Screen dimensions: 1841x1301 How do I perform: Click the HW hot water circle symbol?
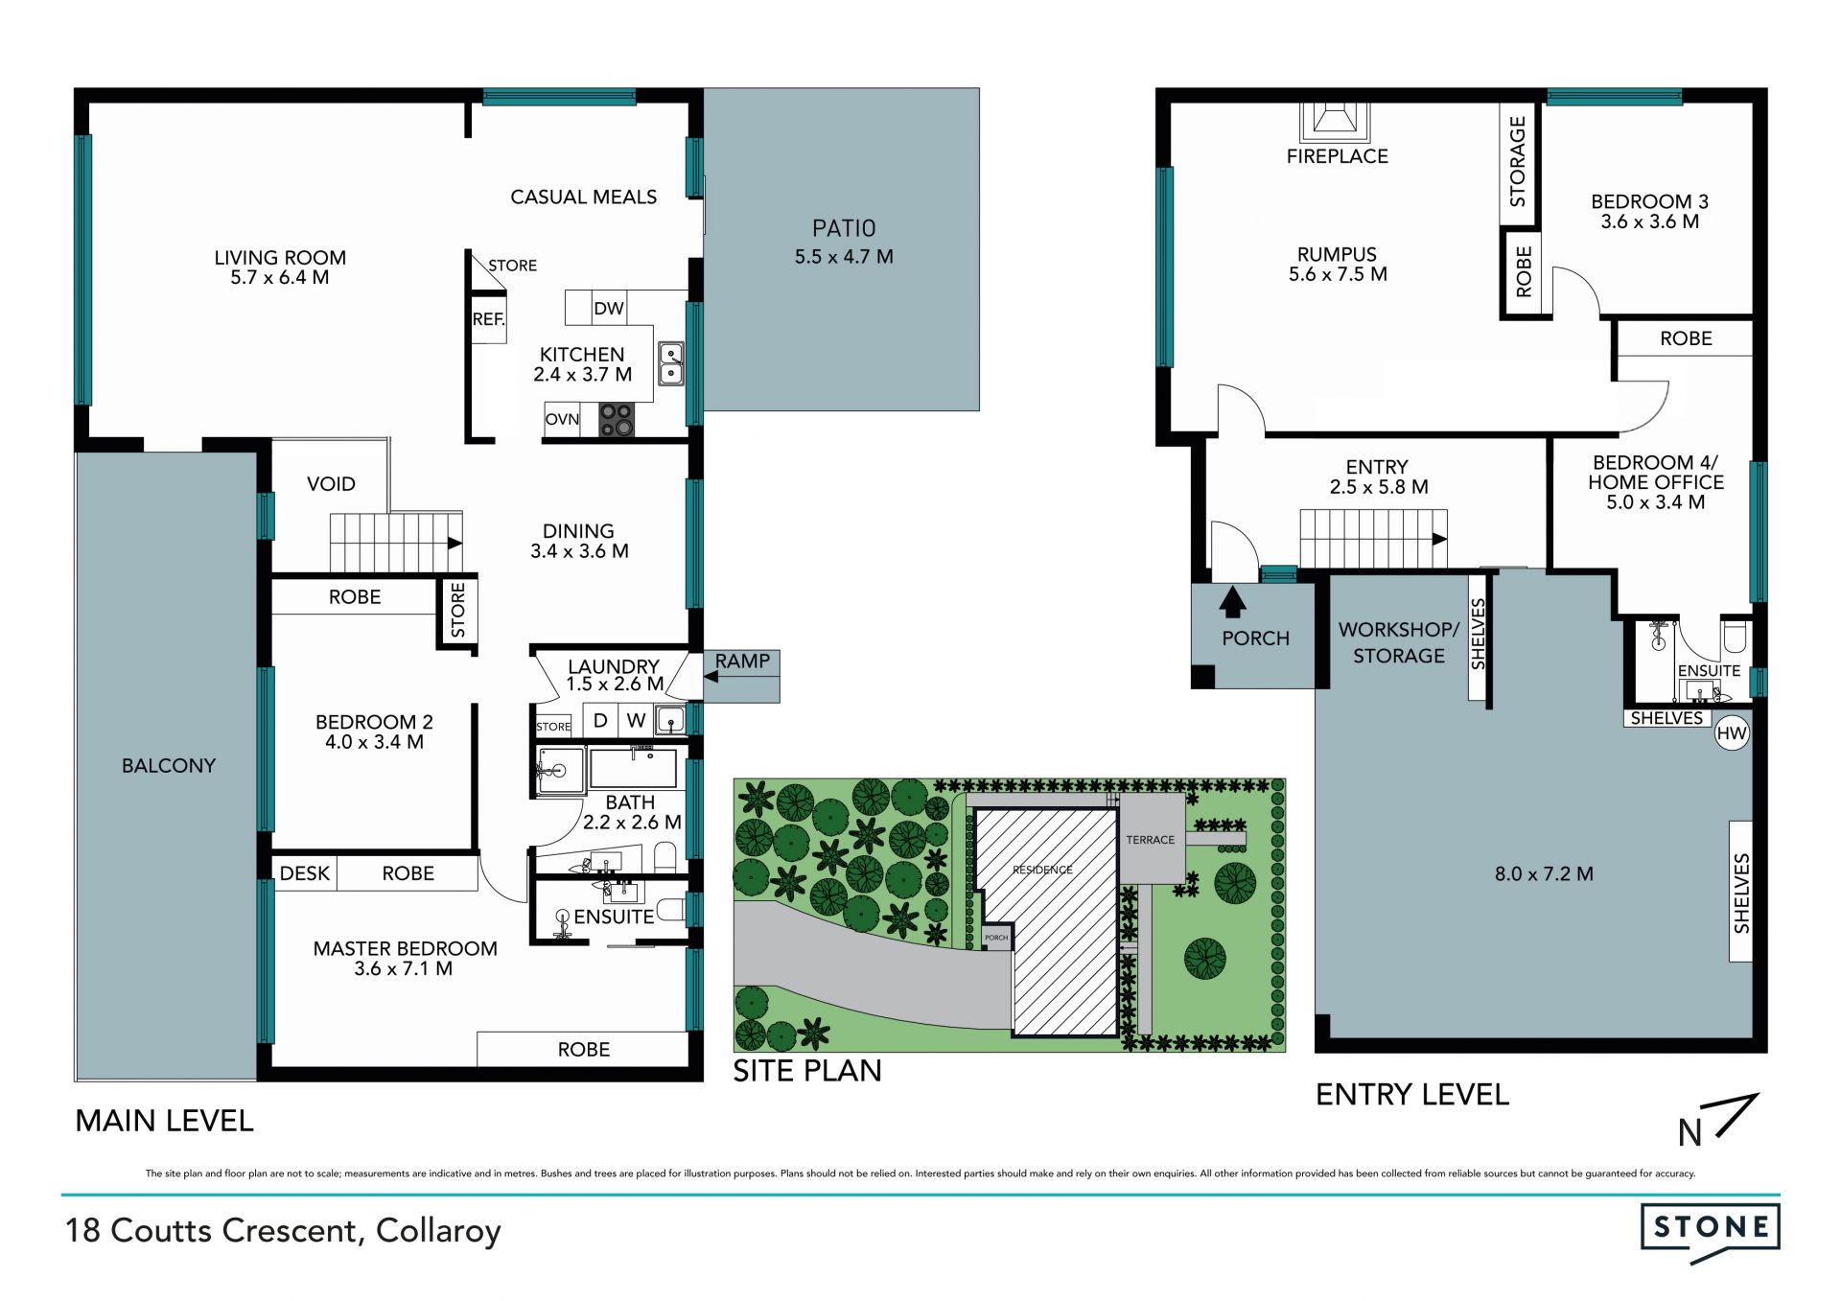pyautogui.click(x=1732, y=734)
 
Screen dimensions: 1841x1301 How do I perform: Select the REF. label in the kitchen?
pyautogui.click(x=488, y=319)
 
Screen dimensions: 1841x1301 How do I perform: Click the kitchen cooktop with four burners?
pyautogui.click(x=617, y=420)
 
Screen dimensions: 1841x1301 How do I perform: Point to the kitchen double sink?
pyautogui.click(x=671, y=364)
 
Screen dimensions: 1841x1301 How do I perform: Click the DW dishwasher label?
pyautogui.click(x=609, y=309)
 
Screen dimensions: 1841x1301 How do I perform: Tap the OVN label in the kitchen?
pyautogui.click(x=562, y=419)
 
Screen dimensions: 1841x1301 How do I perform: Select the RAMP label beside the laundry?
pyautogui.click(x=742, y=662)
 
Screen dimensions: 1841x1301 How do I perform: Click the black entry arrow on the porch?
pyautogui.click(x=1232, y=602)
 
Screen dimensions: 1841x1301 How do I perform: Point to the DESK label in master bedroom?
pyautogui.click(x=305, y=873)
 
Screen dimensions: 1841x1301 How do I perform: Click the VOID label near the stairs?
pyautogui.click(x=331, y=484)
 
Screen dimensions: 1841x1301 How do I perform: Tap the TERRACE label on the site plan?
pyautogui.click(x=1151, y=840)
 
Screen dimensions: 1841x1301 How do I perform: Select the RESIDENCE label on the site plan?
pyautogui.click(x=1042, y=870)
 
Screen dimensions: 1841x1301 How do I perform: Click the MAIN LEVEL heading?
pyautogui.click(x=164, y=1121)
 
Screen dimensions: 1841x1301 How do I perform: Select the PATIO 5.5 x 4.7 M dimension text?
pyautogui.click(x=844, y=257)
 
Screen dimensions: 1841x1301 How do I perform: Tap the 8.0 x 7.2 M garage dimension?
pyautogui.click(x=1544, y=874)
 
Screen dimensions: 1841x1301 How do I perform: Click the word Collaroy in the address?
pyautogui.click(x=438, y=1231)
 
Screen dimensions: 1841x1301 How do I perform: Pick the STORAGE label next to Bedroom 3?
pyautogui.click(x=1517, y=161)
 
